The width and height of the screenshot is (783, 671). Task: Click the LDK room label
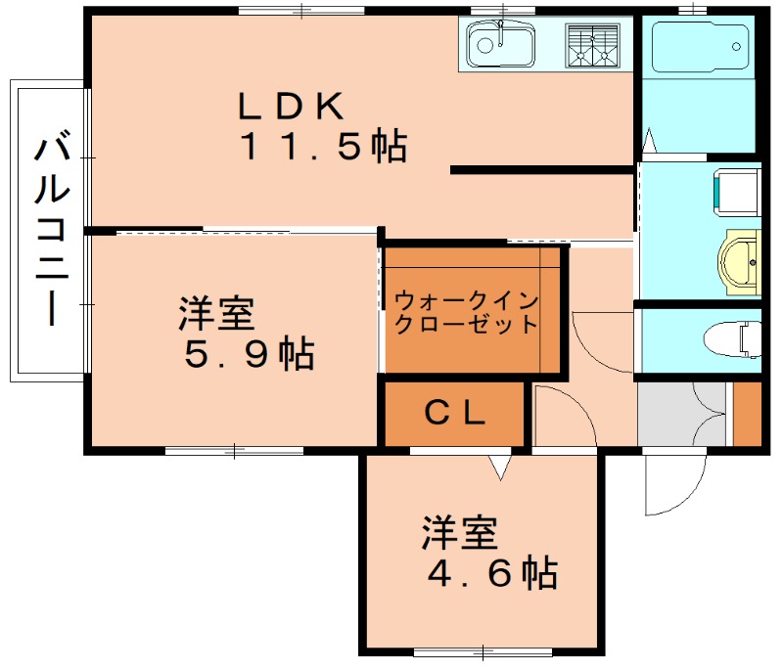tap(291, 104)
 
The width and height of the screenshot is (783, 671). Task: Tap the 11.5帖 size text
tap(323, 147)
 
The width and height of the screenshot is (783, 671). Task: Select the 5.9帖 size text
tap(250, 353)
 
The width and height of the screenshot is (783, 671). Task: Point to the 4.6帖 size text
tap(492, 572)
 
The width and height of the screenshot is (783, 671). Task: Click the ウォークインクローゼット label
tap(467, 311)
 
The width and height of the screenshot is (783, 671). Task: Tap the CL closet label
tap(454, 415)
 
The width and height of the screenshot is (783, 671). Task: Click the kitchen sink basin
tap(499, 45)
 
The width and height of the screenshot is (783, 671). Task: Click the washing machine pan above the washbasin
tap(737, 192)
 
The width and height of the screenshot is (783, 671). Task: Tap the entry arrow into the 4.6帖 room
tap(501, 468)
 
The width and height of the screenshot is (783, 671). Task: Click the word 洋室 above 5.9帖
tap(216, 315)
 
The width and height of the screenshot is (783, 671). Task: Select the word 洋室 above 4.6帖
tap(460, 534)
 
